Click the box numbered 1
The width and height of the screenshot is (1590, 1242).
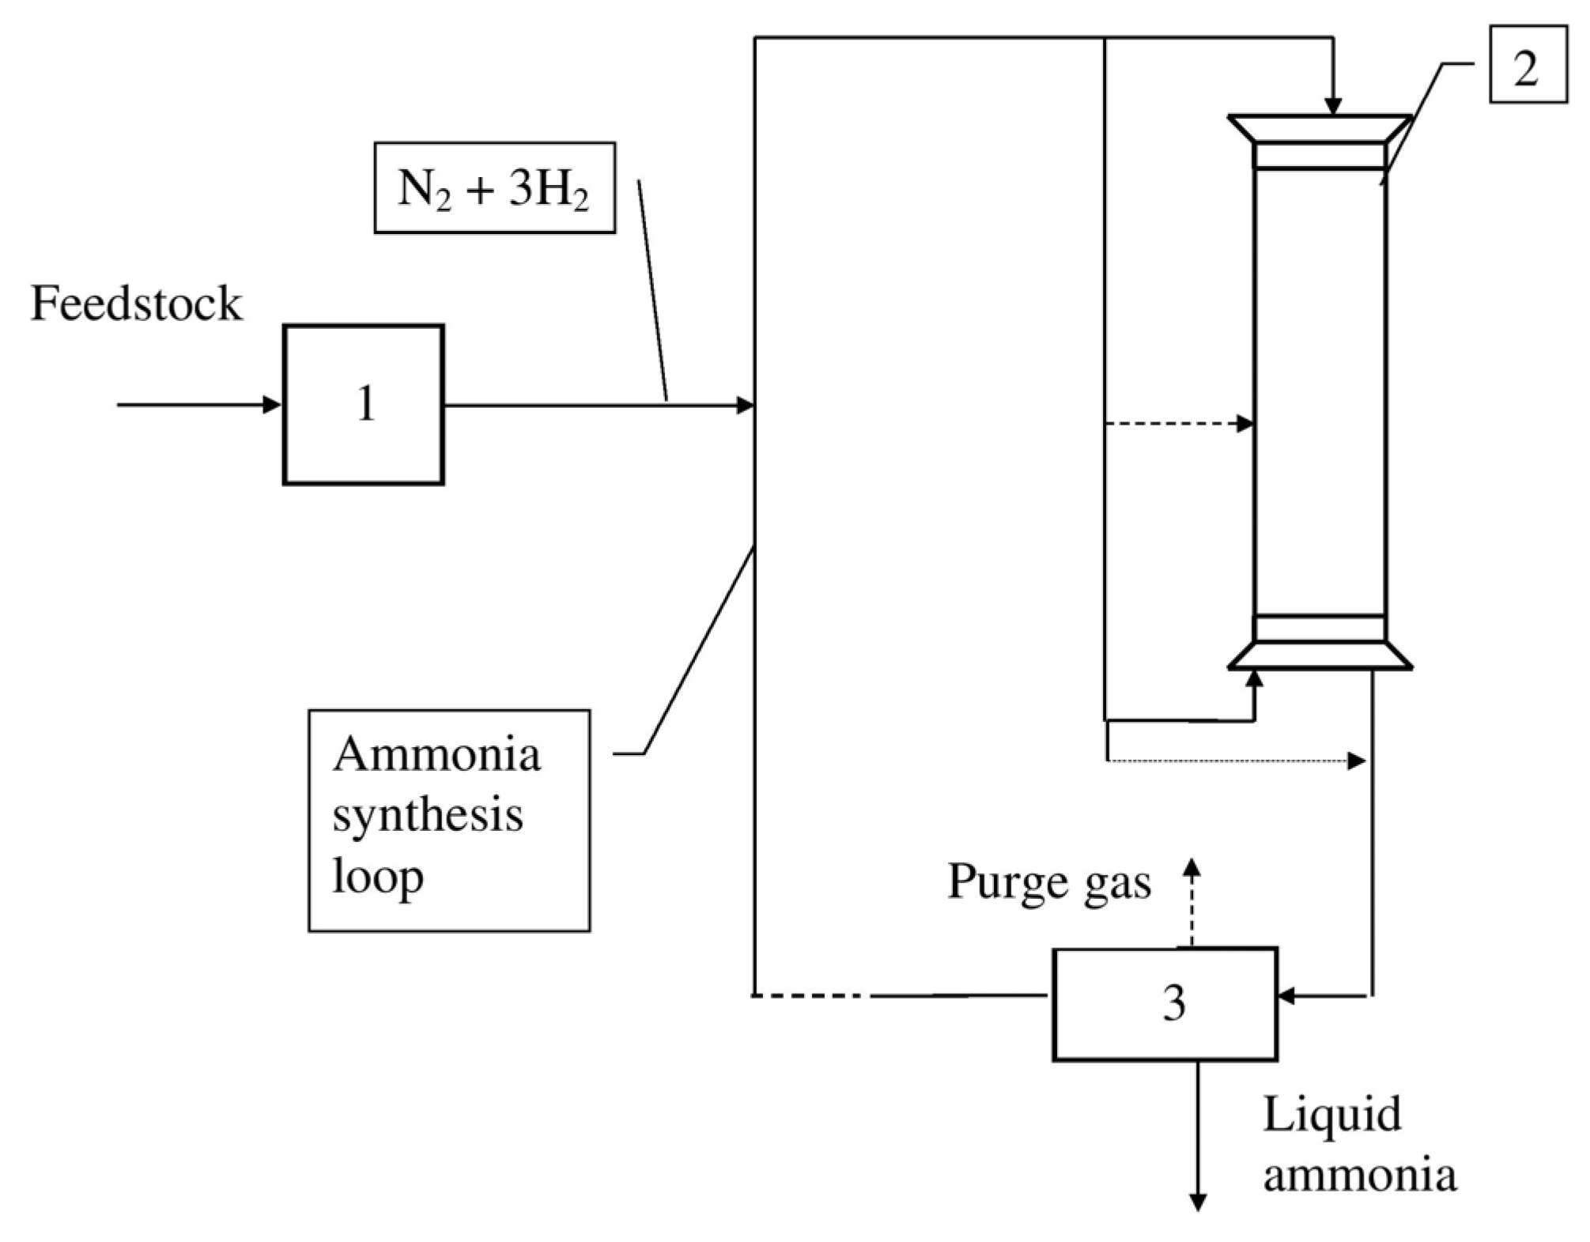click(363, 404)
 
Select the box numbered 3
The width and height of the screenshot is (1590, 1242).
click(1165, 1003)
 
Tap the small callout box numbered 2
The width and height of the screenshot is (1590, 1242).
click(1528, 64)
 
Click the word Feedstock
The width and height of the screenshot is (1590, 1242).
click(136, 304)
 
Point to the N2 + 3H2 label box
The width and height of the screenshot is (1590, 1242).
click(494, 188)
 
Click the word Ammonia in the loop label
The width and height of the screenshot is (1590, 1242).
click(436, 755)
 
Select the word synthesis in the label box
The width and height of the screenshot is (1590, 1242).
click(427, 815)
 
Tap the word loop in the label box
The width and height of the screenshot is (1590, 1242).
click(378, 877)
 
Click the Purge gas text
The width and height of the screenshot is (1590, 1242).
click(1048, 881)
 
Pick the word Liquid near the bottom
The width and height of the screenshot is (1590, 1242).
click(1331, 1116)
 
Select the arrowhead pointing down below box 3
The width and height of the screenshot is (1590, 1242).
click(1198, 1202)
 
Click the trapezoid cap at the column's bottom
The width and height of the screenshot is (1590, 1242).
click(1320, 655)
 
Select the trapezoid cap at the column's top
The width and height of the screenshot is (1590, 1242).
click(1320, 129)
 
